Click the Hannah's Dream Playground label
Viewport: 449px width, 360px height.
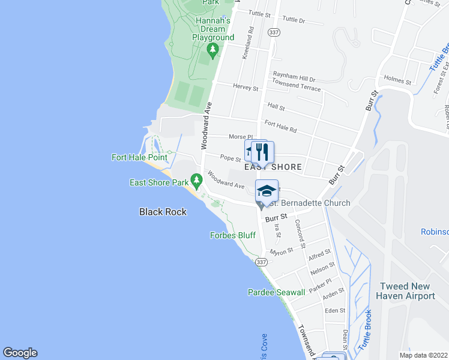[x=213, y=29]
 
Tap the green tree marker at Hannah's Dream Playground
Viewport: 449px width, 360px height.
[x=211, y=48]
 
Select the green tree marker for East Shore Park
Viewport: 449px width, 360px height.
[x=196, y=180]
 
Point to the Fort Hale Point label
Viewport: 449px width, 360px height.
[x=139, y=157]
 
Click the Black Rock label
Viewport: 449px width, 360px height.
[x=163, y=212]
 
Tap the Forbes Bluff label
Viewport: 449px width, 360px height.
[x=232, y=235]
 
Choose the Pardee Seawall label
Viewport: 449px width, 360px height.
[x=272, y=292]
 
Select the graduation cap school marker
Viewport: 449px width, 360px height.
[x=267, y=191]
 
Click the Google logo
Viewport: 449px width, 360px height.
[x=20, y=353]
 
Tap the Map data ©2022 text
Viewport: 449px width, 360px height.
[x=423, y=355]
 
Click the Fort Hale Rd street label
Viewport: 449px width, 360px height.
[x=281, y=127]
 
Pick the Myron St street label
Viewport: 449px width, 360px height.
[x=281, y=251]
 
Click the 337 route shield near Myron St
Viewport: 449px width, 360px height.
[x=261, y=262]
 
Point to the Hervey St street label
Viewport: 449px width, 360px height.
[x=246, y=88]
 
